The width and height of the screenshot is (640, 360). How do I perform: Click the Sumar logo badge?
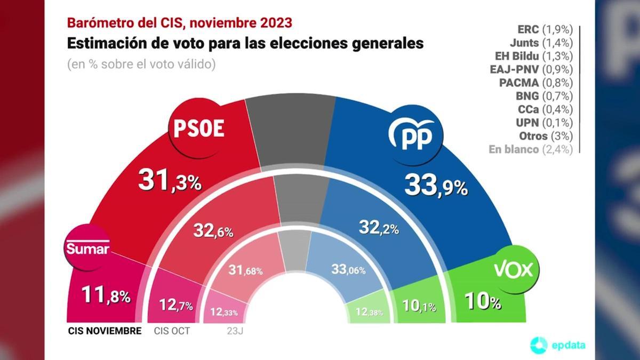(x=87, y=249)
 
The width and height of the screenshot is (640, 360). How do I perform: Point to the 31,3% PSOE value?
(x=170, y=181)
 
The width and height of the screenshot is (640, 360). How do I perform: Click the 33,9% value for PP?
(x=436, y=185)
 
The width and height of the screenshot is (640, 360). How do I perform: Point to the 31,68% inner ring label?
(x=245, y=270)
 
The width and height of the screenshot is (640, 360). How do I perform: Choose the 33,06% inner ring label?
(x=348, y=270)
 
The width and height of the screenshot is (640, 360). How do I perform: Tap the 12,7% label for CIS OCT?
(x=176, y=306)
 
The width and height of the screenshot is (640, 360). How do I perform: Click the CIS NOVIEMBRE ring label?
(x=105, y=331)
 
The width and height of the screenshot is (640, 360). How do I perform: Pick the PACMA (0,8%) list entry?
(x=535, y=83)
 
